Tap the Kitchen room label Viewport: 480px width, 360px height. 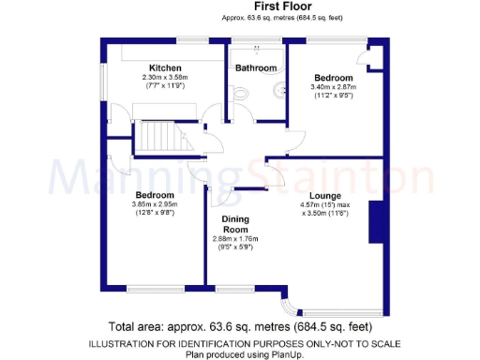point(164,67)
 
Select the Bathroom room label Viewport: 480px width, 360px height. point(256,67)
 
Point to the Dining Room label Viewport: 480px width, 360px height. point(234,225)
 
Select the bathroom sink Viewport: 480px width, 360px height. point(278,90)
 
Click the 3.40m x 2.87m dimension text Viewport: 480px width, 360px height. point(333,87)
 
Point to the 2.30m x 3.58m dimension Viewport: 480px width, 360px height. point(165,77)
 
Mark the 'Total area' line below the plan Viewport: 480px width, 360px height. point(239,327)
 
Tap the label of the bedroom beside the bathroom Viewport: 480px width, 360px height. point(333,77)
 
